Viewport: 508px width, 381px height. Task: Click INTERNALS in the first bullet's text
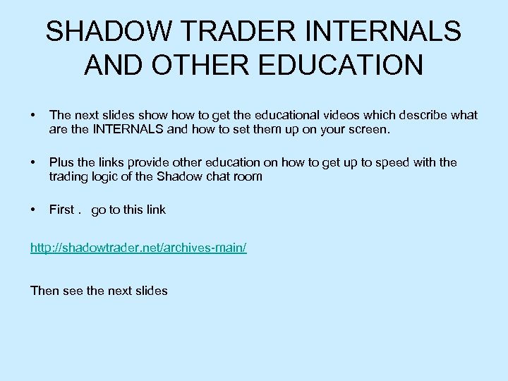(x=126, y=130)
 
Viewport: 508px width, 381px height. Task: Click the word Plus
(x=61, y=162)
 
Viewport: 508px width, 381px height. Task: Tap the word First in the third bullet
(x=61, y=210)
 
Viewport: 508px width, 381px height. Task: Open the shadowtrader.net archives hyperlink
(x=138, y=249)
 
